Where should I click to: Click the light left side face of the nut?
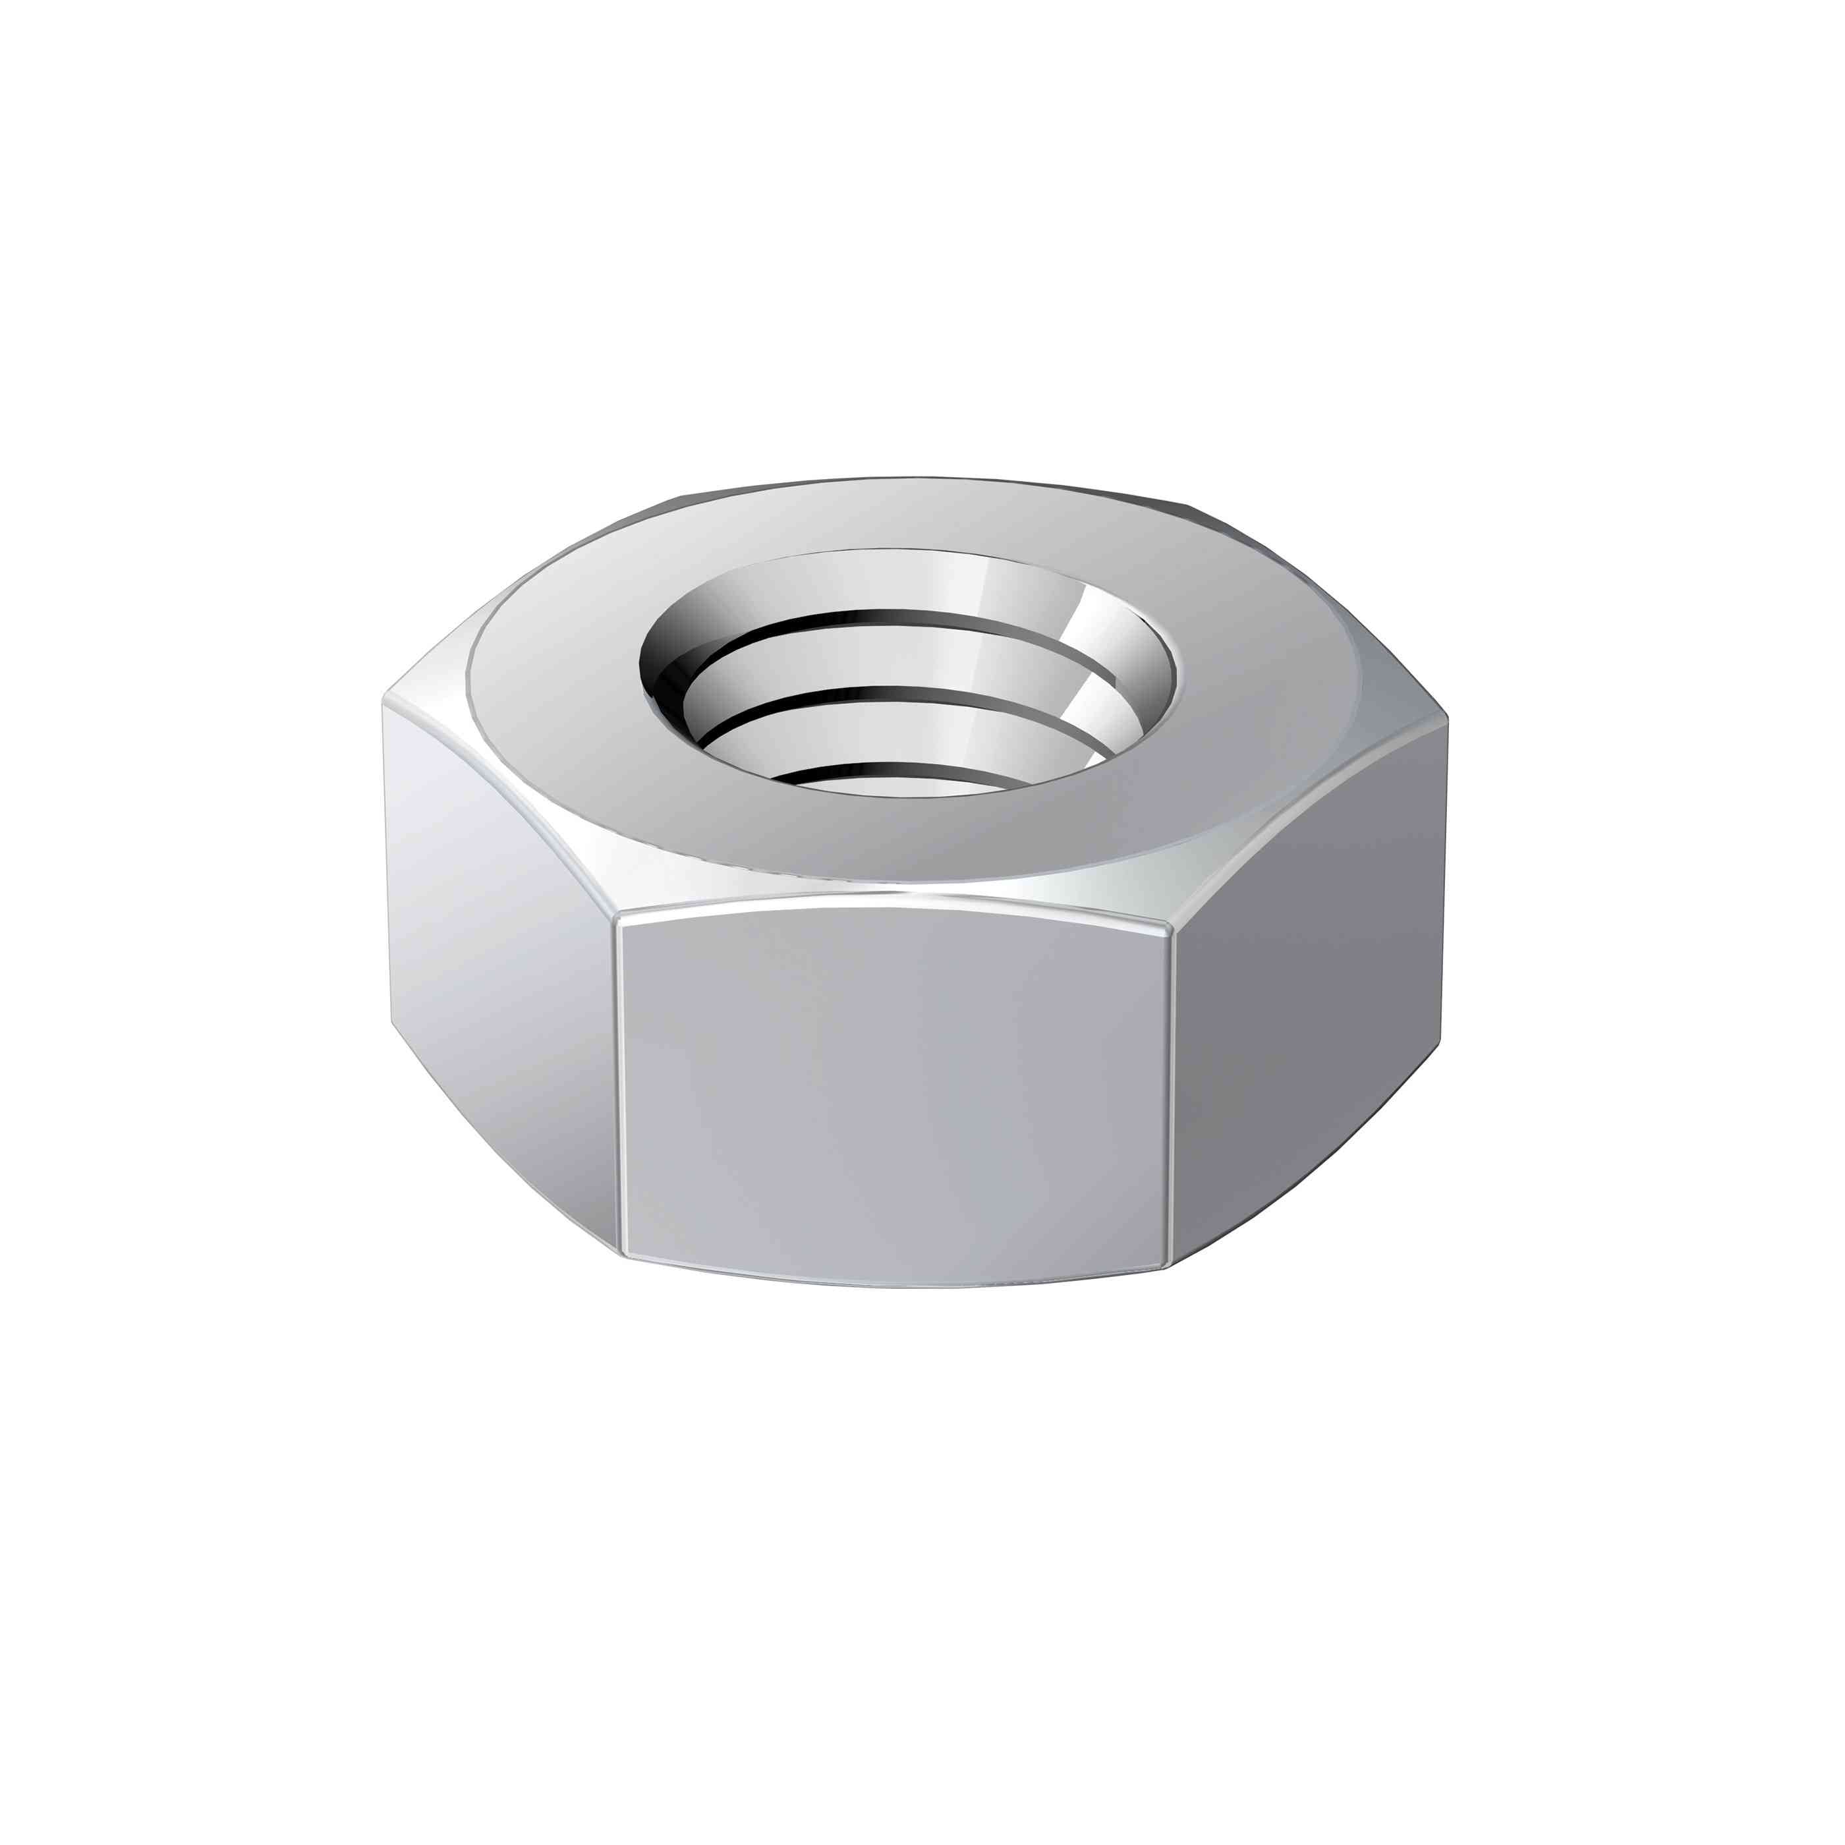(497, 955)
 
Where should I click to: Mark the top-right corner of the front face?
(1173, 924)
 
